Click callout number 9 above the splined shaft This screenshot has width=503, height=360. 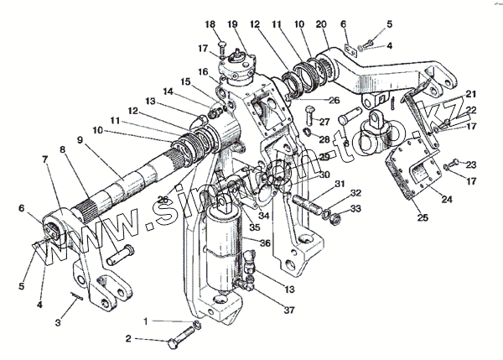click(x=80, y=141)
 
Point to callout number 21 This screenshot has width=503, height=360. click(x=471, y=94)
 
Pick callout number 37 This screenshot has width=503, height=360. click(x=267, y=311)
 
